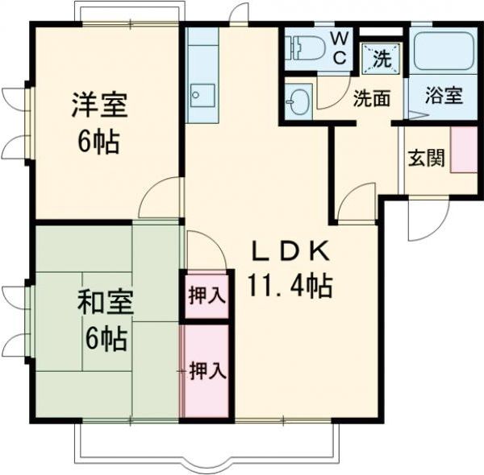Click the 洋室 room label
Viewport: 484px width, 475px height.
[99, 107]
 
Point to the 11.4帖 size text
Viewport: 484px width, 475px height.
[291, 285]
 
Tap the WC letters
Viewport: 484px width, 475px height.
[340, 47]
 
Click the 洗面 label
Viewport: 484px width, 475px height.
[372, 98]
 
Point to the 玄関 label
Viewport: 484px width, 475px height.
[425, 157]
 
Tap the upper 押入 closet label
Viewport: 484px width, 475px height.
[207, 295]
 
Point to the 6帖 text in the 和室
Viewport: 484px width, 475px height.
[105, 339]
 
